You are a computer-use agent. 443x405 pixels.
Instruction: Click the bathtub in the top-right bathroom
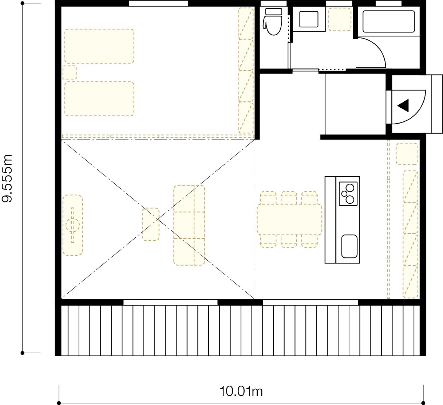click(x=388, y=22)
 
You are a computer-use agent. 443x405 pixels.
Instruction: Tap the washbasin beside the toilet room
click(x=308, y=19)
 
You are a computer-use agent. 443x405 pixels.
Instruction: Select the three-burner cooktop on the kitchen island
click(x=348, y=194)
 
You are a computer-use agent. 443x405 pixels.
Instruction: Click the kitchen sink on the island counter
click(x=349, y=246)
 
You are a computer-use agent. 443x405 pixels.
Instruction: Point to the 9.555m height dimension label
click(x=8, y=178)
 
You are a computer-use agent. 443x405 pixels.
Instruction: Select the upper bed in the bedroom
click(x=99, y=46)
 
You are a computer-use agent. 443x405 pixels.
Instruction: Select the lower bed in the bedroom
click(x=99, y=99)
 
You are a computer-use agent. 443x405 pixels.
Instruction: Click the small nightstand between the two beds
click(x=69, y=72)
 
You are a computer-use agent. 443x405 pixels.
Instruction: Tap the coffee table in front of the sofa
click(x=151, y=224)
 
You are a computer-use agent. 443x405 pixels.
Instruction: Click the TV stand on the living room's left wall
click(x=73, y=225)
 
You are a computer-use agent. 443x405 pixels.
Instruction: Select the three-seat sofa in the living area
click(x=189, y=225)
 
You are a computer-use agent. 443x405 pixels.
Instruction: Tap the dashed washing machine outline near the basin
click(x=340, y=19)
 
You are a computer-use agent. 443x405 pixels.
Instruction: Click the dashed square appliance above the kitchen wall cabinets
click(x=407, y=154)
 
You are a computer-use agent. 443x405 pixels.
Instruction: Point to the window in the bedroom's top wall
click(x=158, y=3)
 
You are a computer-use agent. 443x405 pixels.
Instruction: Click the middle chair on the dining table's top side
click(x=289, y=198)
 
